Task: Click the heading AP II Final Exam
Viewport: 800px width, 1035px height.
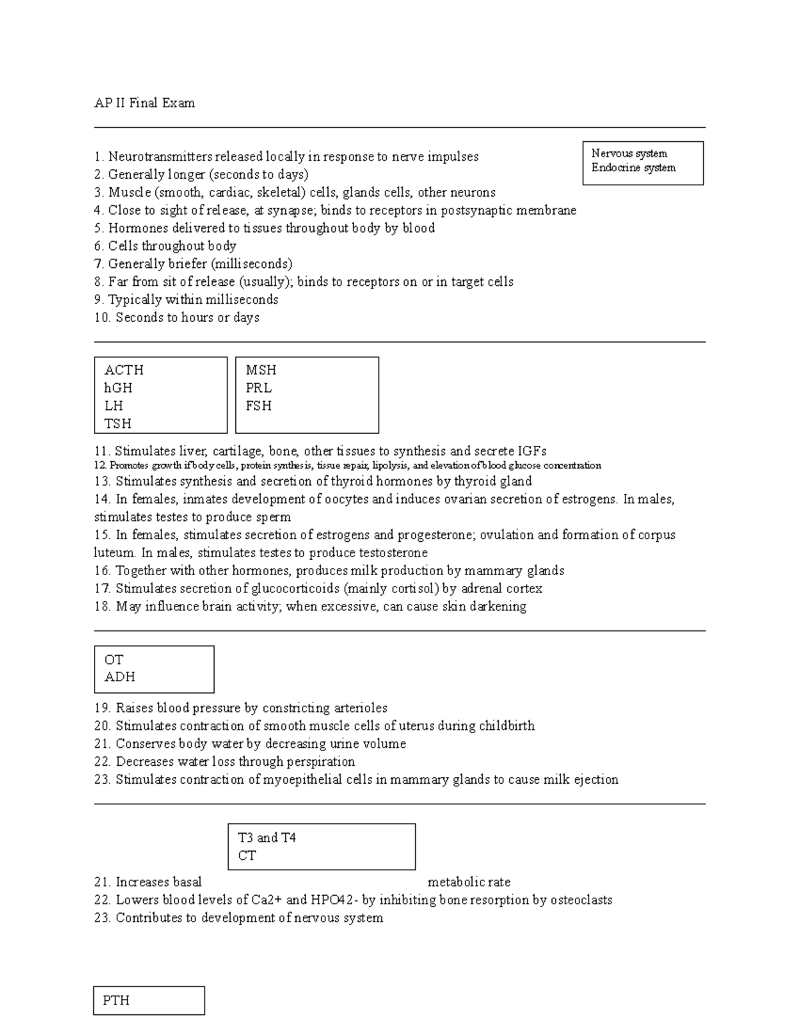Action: point(145,103)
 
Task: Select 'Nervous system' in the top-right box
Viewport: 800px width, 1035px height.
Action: point(629,154)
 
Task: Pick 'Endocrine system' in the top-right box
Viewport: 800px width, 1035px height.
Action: point(633,168)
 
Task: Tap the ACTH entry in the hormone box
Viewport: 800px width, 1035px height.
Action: point(124,371)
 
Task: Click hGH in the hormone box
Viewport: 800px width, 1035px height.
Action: point(118,388)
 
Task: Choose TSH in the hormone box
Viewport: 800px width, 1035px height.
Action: point(118,424)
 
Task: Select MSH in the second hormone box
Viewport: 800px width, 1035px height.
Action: point(261,371)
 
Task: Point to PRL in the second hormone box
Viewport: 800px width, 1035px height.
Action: point(259,388)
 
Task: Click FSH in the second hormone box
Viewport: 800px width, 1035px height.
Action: point(259,406)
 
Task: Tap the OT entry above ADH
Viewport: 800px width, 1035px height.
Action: point(114,660)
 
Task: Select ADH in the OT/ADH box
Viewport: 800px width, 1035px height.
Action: point(120,677)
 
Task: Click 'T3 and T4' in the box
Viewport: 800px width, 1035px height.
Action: point(267,838)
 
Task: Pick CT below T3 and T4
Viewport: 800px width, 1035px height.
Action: point(247,856)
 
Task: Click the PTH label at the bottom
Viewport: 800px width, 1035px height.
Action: point(116,1000)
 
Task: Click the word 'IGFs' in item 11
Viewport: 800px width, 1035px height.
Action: point(532,451)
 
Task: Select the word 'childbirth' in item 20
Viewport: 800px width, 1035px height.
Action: point(507,726)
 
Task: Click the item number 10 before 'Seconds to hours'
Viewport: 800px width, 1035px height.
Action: point(102,318)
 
